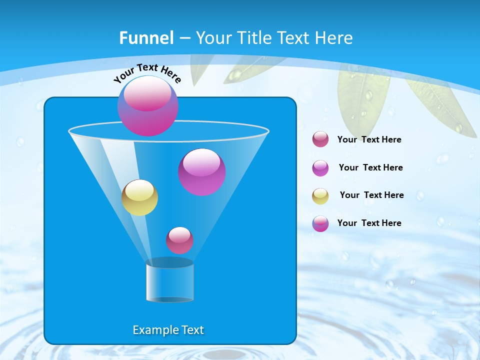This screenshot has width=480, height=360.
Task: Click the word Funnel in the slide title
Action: [x=146, y=38]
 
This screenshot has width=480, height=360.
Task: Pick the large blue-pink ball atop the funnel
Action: [x=148, y=106]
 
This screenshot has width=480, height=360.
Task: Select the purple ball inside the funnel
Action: [x=202, y=172]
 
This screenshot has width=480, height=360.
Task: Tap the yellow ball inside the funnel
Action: [x=139, y=197]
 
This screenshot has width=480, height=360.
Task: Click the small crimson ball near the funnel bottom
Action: [x=179, y=240]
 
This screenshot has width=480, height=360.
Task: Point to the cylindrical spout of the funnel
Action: [x=170, y=281]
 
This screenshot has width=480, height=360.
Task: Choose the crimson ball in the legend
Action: [x=320, y=139]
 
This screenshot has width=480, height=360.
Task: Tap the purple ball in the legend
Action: [x=320, y=168]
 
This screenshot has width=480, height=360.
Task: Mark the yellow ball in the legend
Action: [x=320, y=196]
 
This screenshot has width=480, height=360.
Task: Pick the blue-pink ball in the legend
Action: [x=320, y=223]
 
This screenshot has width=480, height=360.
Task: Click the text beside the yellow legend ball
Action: [x=371, y=195]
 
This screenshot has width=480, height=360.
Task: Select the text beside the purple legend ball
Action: [x=370, y=167]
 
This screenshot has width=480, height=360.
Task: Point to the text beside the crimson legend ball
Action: [x=369, y=139]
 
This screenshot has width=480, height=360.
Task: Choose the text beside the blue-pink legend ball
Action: [x=369, y=223]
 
